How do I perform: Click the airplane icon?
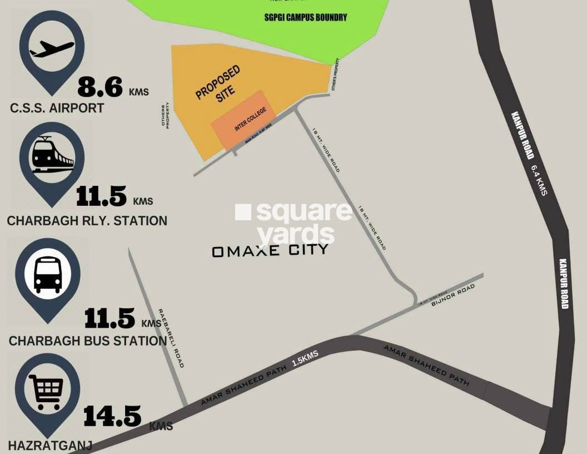[52, 50]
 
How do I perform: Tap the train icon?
[52, 155]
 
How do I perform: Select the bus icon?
[48, 274]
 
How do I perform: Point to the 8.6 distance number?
[100, 87]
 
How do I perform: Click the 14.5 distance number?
[112, 416]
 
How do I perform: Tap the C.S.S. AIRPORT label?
[57, 108]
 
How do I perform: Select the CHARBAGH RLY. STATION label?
[87, 221]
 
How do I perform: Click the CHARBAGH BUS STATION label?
[88, 340]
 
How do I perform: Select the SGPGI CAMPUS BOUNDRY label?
[305, 17]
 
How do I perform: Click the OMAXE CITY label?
[270, 251]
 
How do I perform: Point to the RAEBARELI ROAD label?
[171, 338]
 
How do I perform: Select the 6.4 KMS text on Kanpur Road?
[539, 180]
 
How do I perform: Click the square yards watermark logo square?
[243, 212]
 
